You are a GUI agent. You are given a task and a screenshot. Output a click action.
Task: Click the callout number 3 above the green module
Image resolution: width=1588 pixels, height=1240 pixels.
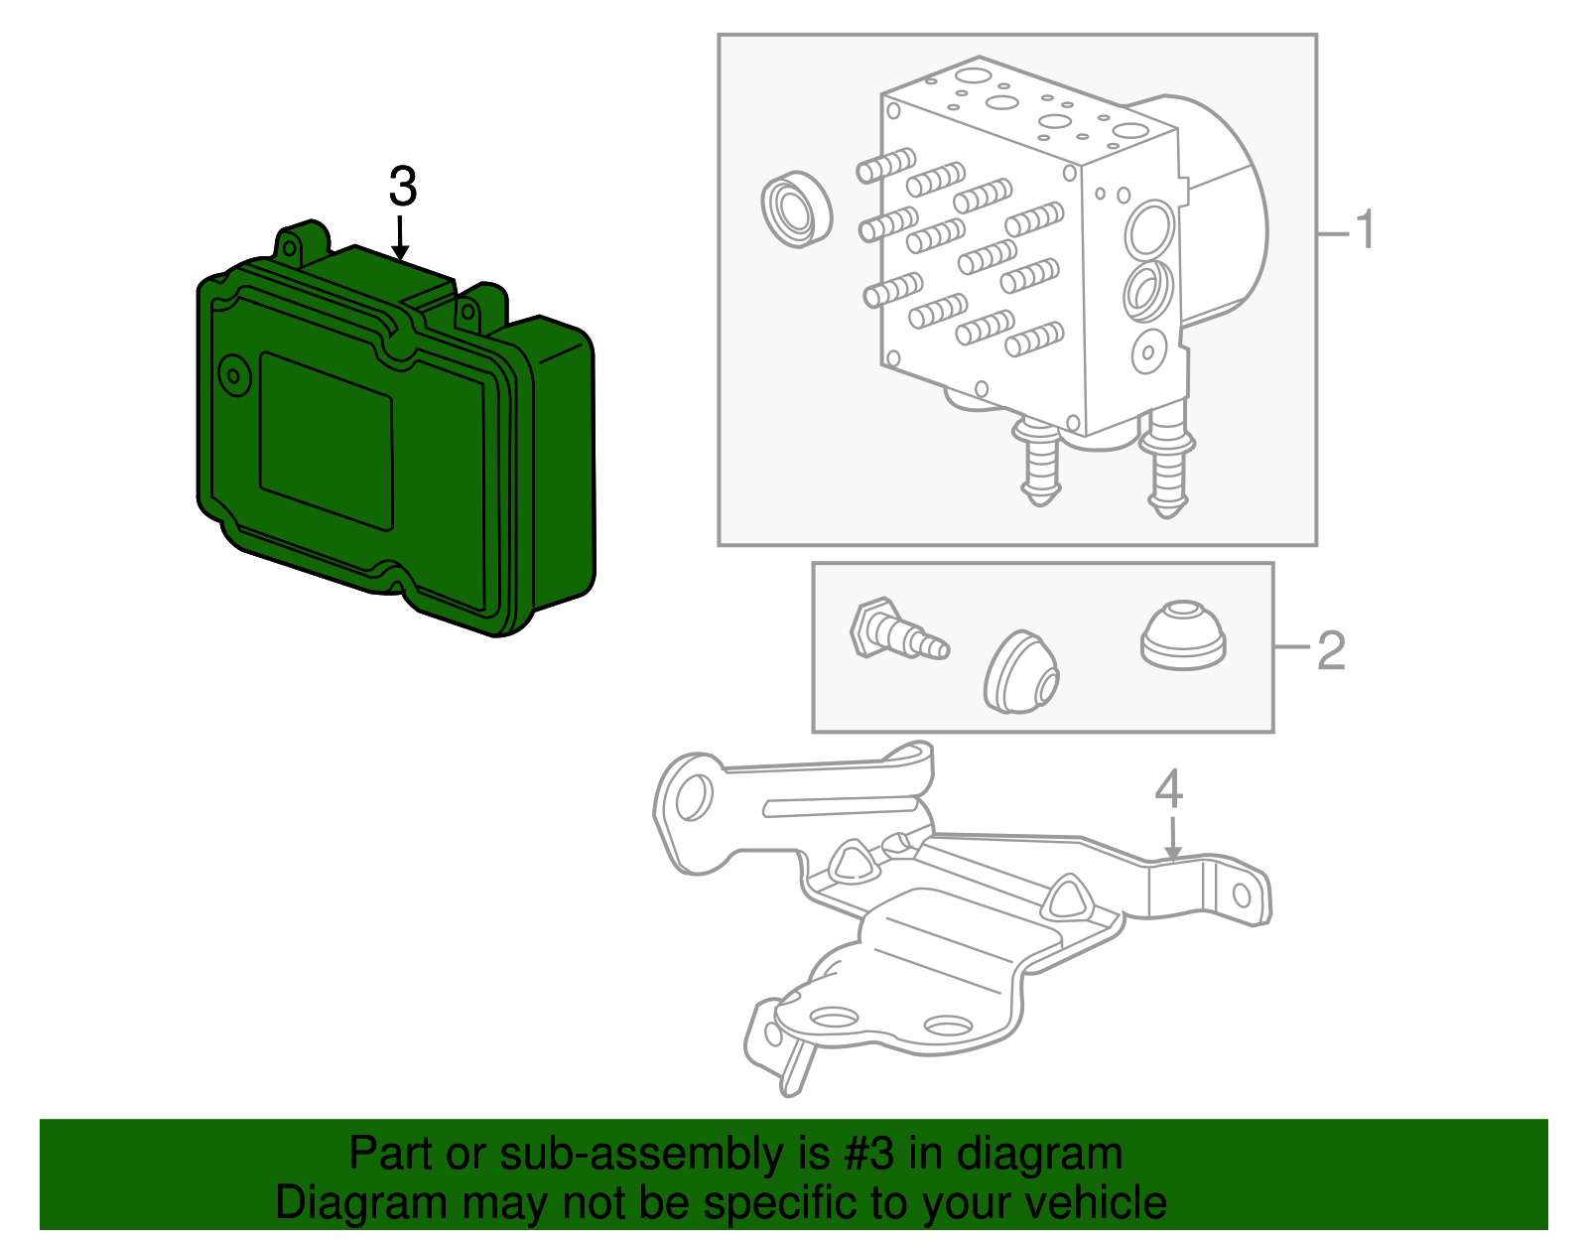pos(402,187)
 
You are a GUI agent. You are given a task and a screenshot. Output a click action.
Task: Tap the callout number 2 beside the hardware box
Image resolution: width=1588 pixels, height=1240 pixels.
pos(1331,650)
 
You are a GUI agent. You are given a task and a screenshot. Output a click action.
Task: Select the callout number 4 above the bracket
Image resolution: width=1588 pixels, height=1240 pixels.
pos(1169,790)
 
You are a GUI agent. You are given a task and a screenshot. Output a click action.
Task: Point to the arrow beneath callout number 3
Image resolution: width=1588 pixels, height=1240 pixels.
pos(400,238)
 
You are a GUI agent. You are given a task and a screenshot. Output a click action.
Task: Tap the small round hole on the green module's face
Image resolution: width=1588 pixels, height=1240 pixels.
pos(234,374)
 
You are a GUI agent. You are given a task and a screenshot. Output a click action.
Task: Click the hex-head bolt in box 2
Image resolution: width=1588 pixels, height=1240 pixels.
pos(893,632)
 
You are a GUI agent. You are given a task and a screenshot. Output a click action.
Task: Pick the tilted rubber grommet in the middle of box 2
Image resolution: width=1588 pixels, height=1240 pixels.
pos(1022,672)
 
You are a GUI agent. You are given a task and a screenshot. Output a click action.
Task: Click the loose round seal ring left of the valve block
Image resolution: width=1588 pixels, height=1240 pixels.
pos(795,209)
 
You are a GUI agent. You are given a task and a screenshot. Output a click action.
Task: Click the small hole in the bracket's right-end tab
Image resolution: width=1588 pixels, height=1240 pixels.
pos(1241,896)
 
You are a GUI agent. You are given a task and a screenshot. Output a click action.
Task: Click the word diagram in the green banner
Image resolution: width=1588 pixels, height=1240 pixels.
pos(1040,1155)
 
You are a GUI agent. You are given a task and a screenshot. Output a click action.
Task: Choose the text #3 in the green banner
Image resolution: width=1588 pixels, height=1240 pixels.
pos(868,1155)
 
